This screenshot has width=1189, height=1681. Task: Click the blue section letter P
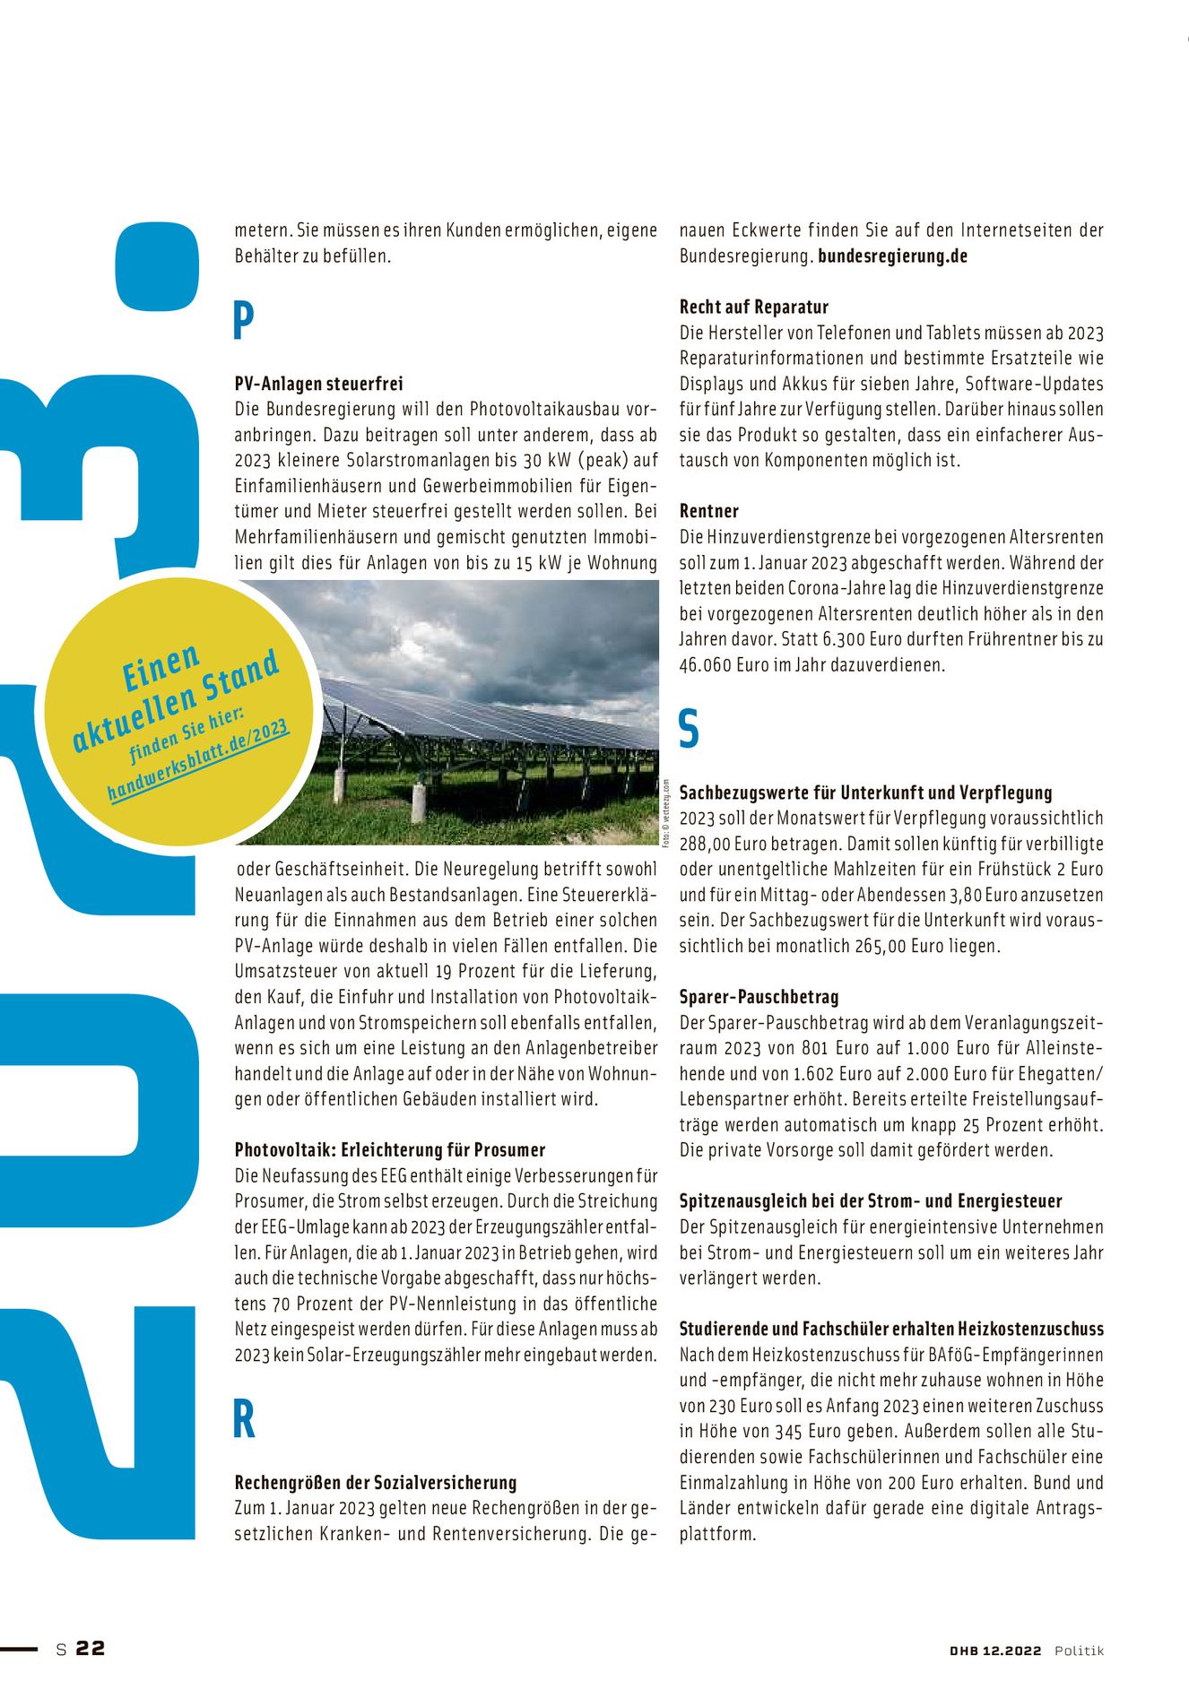point(243,320)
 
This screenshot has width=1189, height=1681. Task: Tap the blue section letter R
point(244,1419)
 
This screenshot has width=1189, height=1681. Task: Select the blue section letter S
point(689,728)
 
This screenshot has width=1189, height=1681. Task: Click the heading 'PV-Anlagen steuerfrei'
point(318,384)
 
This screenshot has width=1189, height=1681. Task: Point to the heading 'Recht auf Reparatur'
point(753,307)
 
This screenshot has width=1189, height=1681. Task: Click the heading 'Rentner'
point(708,511)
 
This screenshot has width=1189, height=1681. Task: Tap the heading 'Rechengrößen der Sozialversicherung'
point(375,1482)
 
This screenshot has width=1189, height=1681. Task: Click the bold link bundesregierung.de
point(892,256)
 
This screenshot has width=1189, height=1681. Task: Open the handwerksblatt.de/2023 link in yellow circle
point(198,759)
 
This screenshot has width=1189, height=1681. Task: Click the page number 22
point(91,1648)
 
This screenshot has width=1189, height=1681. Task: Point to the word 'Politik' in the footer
point(1079,1651)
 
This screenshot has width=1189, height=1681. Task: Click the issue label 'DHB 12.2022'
point(995,1651)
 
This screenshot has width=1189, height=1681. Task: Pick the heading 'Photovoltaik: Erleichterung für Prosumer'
point(389,1149)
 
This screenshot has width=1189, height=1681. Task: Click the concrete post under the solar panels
point(418,803)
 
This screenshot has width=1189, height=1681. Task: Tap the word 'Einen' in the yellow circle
point(161,667)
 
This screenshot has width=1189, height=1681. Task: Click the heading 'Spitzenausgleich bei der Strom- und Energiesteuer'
point(870,1200)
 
